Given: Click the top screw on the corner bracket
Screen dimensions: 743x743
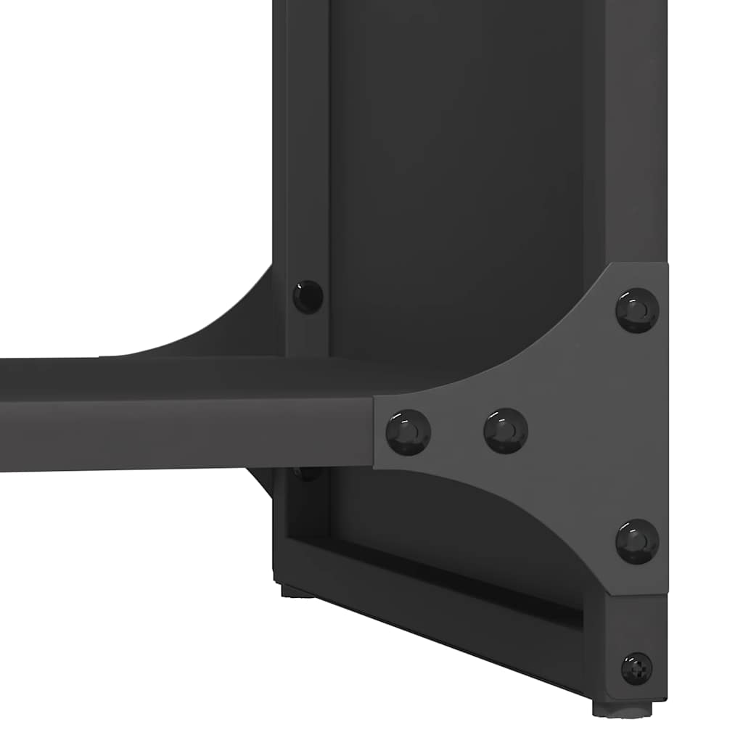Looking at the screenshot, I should pos(637,310).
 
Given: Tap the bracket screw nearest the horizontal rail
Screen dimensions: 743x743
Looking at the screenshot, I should pos(408,432).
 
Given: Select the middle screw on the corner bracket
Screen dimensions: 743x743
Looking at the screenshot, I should pos(506,431).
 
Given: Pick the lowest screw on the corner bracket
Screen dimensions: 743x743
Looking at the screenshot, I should pos(637,541).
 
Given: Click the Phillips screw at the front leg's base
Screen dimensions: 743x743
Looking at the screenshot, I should pos(636,668).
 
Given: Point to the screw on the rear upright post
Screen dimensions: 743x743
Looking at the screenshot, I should pos(308,296).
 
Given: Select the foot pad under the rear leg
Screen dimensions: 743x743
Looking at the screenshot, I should pos(297,591).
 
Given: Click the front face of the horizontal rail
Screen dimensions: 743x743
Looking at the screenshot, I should pos(181,434).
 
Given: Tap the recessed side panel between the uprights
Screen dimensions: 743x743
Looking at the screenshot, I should pos(457,181).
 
